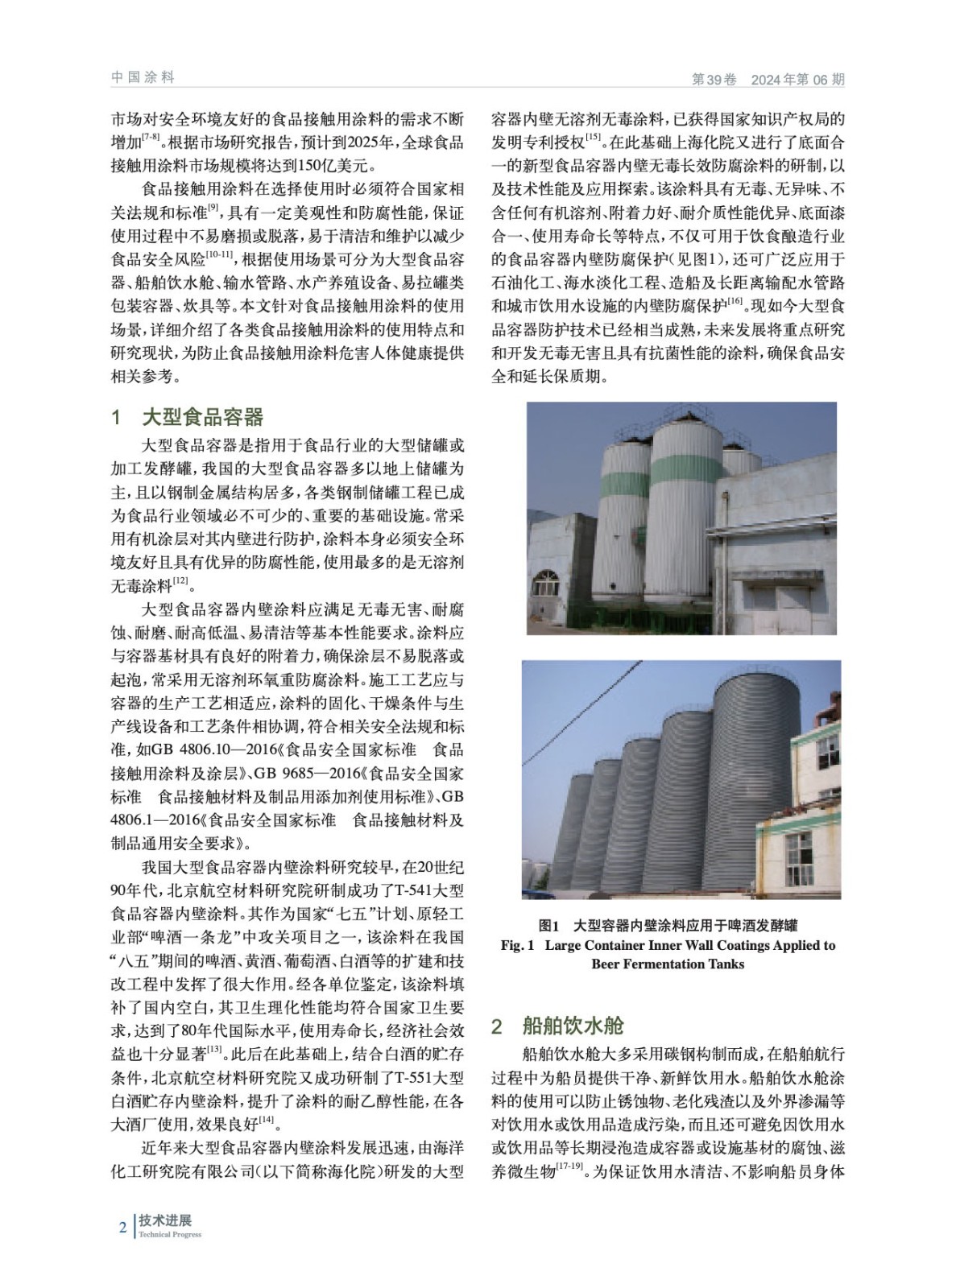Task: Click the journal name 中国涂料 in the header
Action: [143, 78]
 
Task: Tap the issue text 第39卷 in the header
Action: [714, 80]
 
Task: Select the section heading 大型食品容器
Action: [202, 417]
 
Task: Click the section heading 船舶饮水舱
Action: [573, 1026]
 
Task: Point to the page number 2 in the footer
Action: [122, 1228]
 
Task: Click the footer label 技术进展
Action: [165, 1221]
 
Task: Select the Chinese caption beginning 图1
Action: [668, 925]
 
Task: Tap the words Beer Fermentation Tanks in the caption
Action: [668, 964]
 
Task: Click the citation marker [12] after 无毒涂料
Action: [180, 580]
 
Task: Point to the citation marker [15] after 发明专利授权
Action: [594, 138]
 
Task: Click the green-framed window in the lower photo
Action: [799, 855]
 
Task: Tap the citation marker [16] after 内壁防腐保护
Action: [734, 301]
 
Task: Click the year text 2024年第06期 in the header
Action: [797, 80]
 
